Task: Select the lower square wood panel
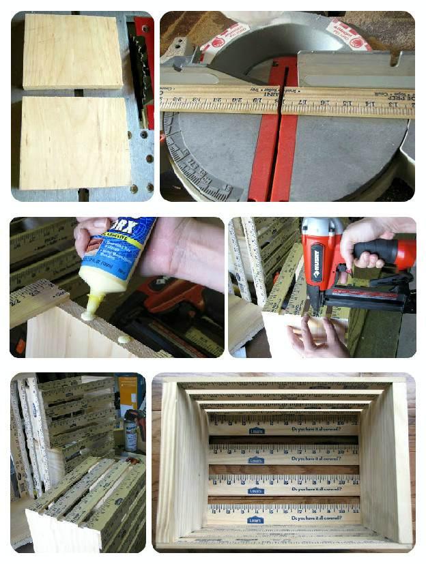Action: click(x=74, y=143)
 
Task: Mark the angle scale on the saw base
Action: click(x=198, y=164)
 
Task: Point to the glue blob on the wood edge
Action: click(x=124, y=339)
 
